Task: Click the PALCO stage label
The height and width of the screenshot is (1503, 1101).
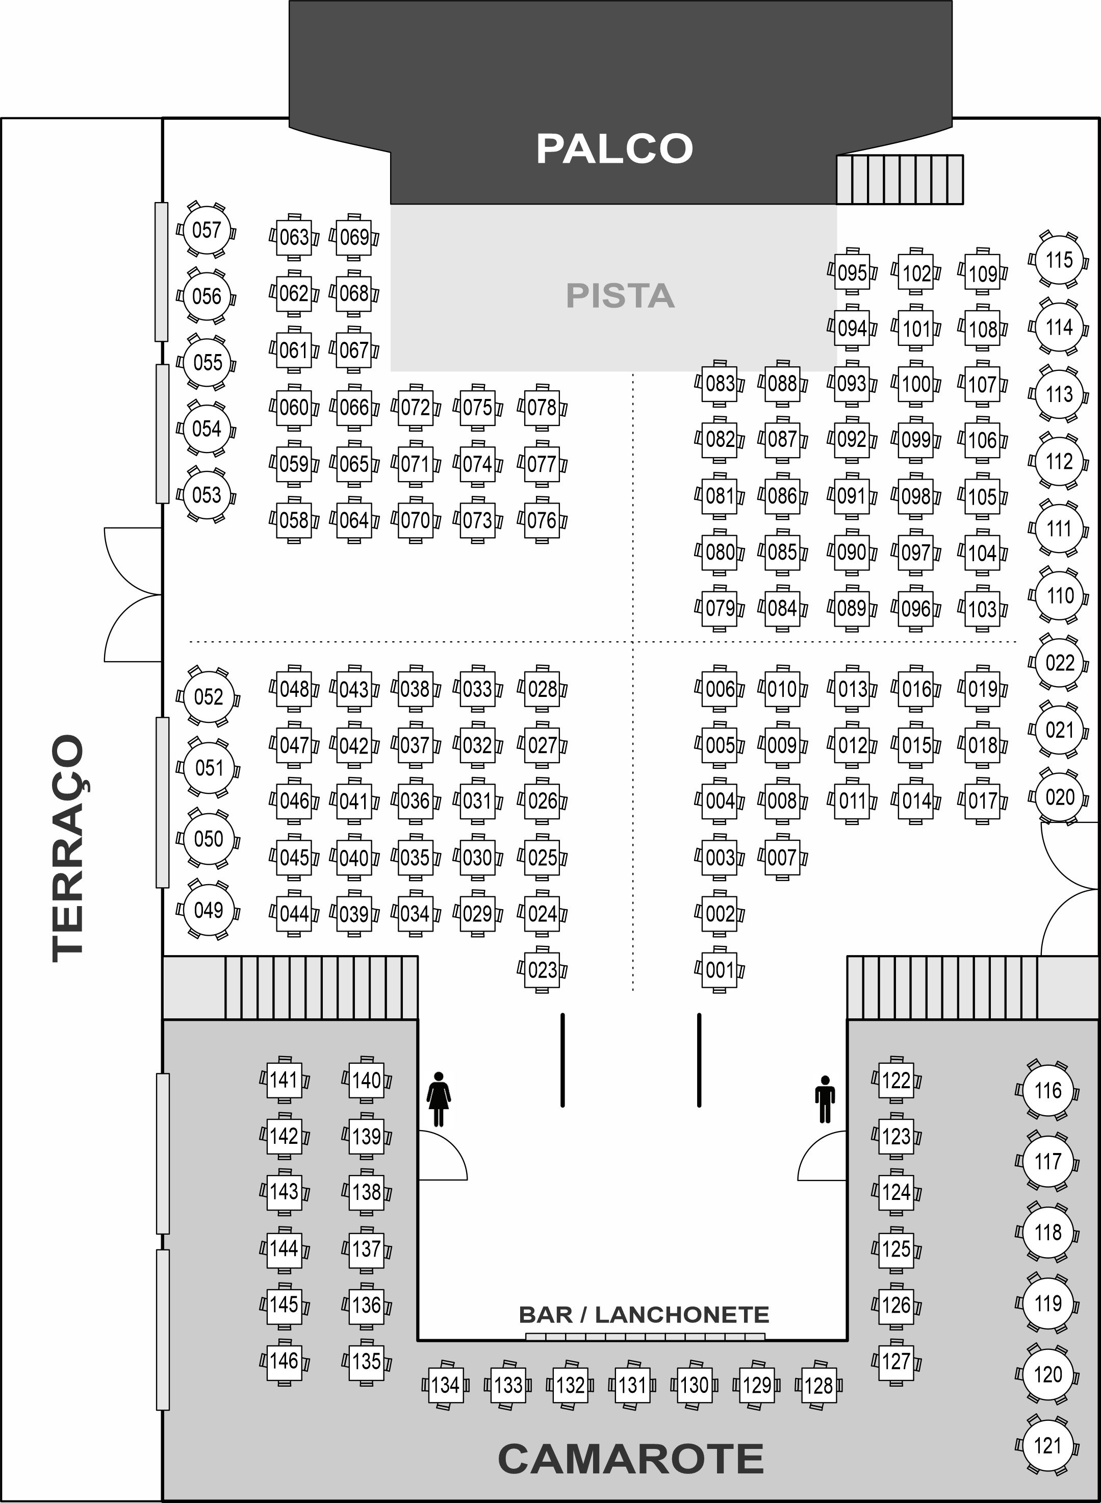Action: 614,148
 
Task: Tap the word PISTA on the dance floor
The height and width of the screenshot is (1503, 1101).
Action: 620,295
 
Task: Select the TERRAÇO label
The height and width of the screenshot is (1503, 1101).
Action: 69,848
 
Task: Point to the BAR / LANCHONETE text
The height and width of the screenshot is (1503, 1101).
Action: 643,1314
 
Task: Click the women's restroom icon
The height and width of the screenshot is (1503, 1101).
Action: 439,1099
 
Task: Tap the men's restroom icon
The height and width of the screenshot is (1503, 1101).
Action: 825,1099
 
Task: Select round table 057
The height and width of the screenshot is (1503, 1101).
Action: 207,230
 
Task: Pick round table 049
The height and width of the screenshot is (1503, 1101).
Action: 208,910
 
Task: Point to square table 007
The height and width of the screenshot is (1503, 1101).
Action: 782,857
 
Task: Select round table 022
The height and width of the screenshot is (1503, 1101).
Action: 1059,663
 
